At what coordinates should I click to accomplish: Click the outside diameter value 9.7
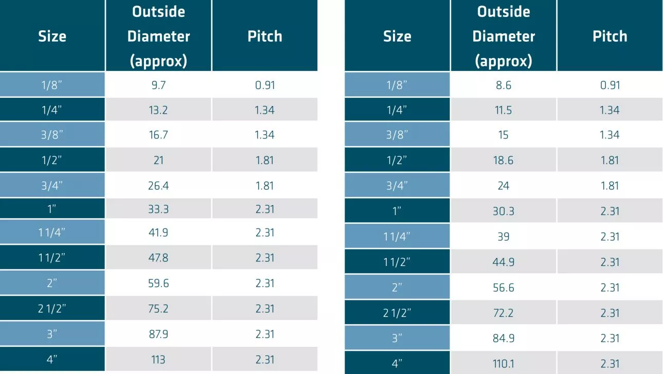point(158,85)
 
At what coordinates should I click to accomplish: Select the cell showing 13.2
point(158,110)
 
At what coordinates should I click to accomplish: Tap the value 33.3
point(158,208)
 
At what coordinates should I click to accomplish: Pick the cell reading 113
point(158,360)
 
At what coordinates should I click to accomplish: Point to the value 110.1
point(504,364)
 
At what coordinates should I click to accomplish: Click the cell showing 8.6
point(504,85)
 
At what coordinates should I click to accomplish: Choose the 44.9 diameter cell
point(504,262)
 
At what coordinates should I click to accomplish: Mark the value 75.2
point(158,309)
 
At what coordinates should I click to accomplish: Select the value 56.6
point(504,287)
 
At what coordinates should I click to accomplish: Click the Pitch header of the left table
point(265,36)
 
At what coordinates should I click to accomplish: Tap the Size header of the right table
point(397,36)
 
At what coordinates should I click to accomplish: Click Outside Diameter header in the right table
point(504,36)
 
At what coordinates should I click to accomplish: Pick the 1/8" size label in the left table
point(52,85)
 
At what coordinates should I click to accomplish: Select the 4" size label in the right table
point(397,364)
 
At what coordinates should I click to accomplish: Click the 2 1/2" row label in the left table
point(52,309)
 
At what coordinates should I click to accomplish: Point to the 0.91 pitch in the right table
point(610,85)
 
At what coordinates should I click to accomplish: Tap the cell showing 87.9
point(158,334)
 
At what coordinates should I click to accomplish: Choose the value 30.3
point(504,211)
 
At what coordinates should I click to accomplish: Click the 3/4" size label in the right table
point(397,186)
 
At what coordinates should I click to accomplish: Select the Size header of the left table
point(52,36)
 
